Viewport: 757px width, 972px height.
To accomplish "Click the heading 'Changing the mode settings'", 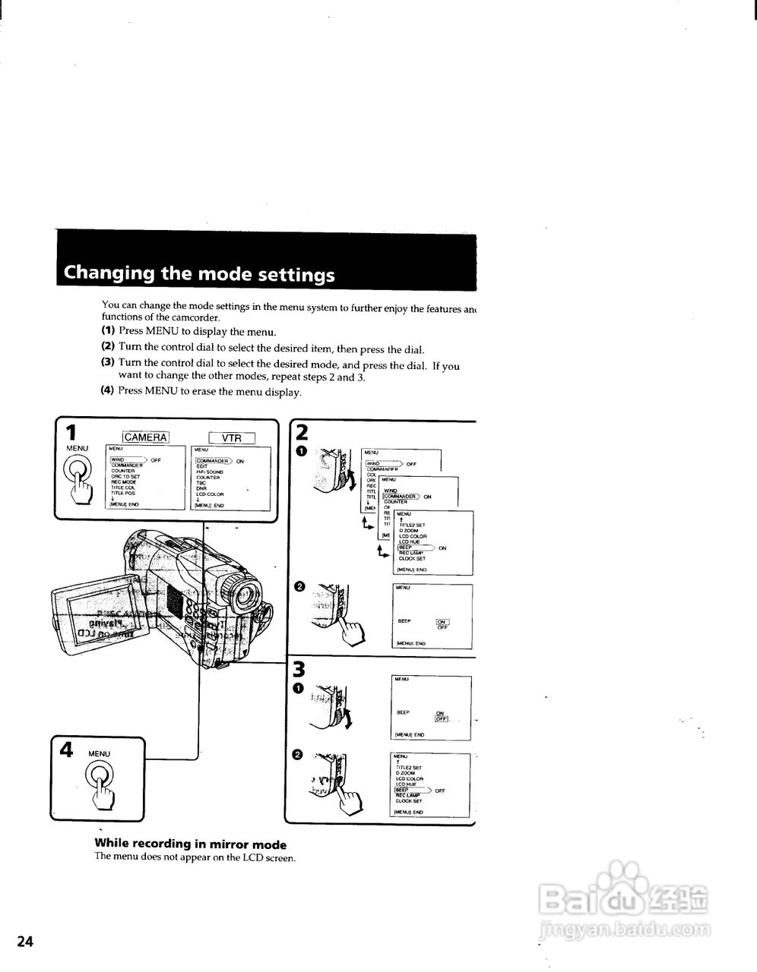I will click(x=199, y=273).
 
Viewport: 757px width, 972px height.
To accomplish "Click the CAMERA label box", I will click(x=146, y=437).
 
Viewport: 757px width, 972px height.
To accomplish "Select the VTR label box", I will click(x=232, y=438).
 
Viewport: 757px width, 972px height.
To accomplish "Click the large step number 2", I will click(x=301, y=433).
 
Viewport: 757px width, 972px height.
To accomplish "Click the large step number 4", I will click(x=66, y=750).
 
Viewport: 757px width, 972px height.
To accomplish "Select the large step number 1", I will click(x=71, y=433).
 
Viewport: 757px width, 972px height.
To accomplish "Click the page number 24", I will click(x=25, y=942).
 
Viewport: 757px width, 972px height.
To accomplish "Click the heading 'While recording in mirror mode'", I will click(x=190, y=844).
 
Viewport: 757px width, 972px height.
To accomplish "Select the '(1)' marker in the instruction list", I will click(x=108, y=331).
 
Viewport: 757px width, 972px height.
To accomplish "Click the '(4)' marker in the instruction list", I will click(x=108, y=391).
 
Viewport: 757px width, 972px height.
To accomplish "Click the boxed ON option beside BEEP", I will click(x=442, y=622).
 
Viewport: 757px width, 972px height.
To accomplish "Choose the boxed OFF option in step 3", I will click(x=442, y=719).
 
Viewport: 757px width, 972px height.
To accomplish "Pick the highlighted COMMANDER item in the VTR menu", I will click(x=214, y=460).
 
